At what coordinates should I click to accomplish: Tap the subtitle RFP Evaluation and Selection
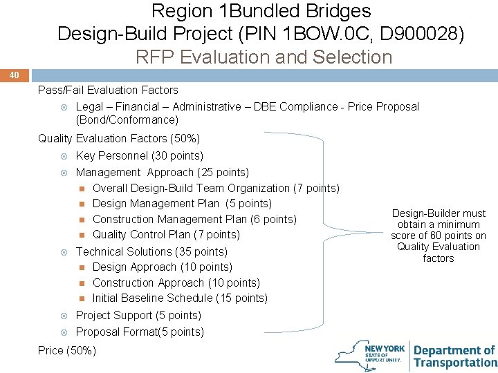264,57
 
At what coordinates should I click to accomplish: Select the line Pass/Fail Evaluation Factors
108,90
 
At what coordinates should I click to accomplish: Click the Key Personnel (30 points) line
139,155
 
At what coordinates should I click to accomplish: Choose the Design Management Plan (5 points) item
182,203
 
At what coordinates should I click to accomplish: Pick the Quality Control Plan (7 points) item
166,234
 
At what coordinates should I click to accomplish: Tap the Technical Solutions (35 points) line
151,251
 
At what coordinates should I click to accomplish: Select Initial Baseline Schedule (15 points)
180,298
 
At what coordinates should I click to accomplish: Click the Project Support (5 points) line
138,315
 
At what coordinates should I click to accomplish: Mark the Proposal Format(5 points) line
140,332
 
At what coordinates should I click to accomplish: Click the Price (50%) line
67,350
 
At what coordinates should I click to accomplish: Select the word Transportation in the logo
455,363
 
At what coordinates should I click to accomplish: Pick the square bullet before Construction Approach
81,283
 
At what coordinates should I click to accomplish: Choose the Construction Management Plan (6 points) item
194,219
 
